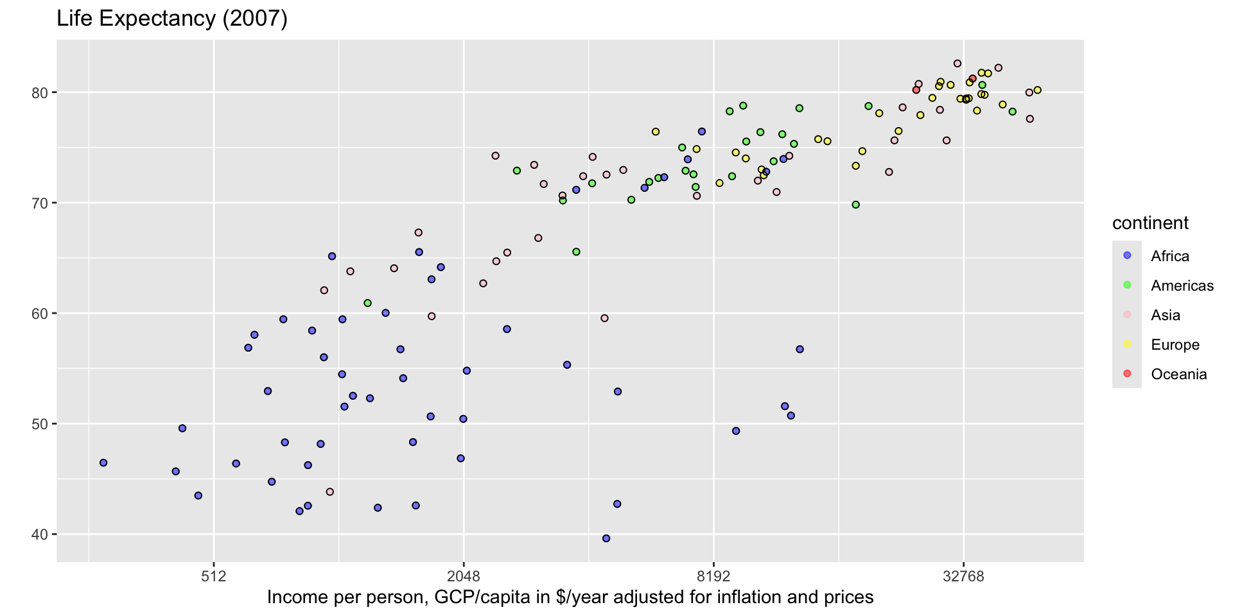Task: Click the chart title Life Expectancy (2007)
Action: [x=172, y=19]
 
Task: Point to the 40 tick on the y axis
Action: [x=43, y=535]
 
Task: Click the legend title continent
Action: [x=1150, y=223]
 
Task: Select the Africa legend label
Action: [x=1170, y=256]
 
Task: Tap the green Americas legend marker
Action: [x=1127, y=285]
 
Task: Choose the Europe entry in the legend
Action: [x=1175, y=345]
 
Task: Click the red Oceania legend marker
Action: [x=1127, y=373]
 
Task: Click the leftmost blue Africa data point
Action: [x=103, y=463]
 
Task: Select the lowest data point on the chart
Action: [x=606, y=538]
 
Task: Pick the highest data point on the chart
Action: [x=958, y=64]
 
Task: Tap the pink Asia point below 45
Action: [x=330, y=492]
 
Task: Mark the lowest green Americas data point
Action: [x=367, y=303]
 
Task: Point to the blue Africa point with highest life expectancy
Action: [x=702, y=132]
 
